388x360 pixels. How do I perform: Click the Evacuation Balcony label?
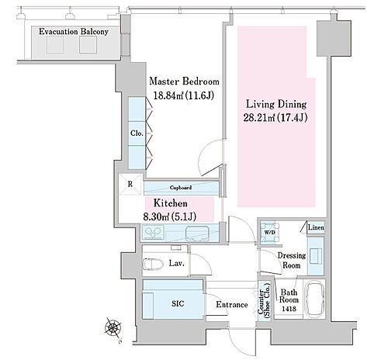(x=73, y=33)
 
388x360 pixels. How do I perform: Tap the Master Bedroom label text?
(x=184, y=81)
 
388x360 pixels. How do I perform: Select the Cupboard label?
(x=180, y=187)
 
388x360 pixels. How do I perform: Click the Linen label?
(x=315, y=227)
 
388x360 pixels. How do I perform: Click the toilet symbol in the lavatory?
(x=154, y=264)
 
